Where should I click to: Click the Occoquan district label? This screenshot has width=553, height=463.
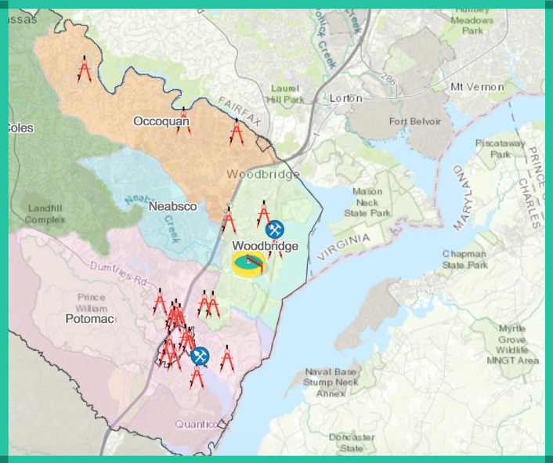pyautogui.click(x=161, y=121)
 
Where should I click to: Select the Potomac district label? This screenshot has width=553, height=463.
pyautogui.click(x=90, y=320)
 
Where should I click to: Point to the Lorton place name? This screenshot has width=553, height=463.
pyautogui.click(x=345, y=99)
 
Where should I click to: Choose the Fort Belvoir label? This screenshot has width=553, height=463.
pyautogui.click(x=415, y=121)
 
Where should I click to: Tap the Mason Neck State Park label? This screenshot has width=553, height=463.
pyautogui.click(x=371, y=202)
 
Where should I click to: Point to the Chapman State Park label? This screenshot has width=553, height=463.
pyautogui.click(x=464, y=259)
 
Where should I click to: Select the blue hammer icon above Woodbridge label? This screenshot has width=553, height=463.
pyautogui.click(x=275, y=230)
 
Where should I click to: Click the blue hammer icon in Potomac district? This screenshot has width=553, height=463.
pyautogui.click(x=201, y=356)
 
